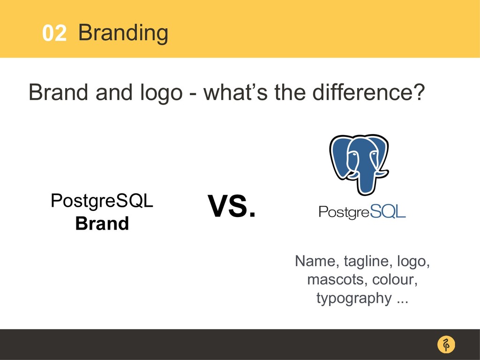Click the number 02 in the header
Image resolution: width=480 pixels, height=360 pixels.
[54, 33]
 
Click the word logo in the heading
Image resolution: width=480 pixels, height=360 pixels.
[161, 93]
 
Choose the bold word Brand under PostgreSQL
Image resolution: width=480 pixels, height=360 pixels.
[102, 224]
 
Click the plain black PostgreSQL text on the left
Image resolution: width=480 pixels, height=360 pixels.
[102, 201]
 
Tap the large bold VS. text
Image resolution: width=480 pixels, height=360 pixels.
[232, 206]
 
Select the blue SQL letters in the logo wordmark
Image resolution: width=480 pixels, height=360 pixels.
[388, 211]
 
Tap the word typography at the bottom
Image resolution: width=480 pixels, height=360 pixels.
[354, 298]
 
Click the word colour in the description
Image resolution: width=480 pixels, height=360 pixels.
[395, 279]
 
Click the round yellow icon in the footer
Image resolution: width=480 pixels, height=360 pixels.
[446, 344]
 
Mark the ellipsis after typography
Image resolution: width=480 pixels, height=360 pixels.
[403, 302]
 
